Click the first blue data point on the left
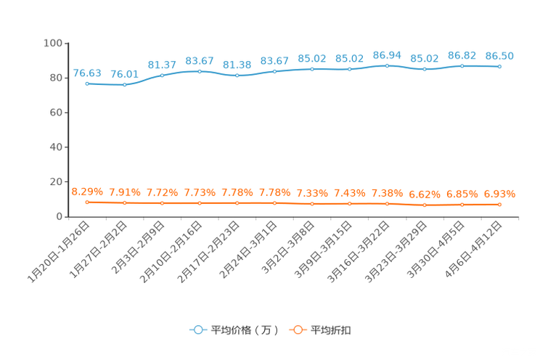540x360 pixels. [x=87, y=83]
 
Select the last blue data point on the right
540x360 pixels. [x=499, y=66]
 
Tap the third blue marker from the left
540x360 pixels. [x=162, y=75]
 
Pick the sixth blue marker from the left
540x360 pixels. [x=274, y=71]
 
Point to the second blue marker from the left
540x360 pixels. [x=124, y=84]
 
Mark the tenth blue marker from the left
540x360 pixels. [x=425, y=69]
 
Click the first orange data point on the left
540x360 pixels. [x=87, y=202]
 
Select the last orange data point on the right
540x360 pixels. [x=499, y=205]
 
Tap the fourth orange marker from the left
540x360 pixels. [x=200, y=203]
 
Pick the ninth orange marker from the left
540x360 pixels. [x=387, y=204]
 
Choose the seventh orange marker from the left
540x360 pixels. [x=312, y=204]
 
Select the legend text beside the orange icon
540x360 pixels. [x=332, y=330]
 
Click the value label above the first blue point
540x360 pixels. [x=87, y=73]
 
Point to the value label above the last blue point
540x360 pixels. [x=499, y=56]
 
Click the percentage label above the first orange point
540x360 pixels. [x=87, y=192]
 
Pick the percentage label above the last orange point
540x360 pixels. [x=499, y=195]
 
